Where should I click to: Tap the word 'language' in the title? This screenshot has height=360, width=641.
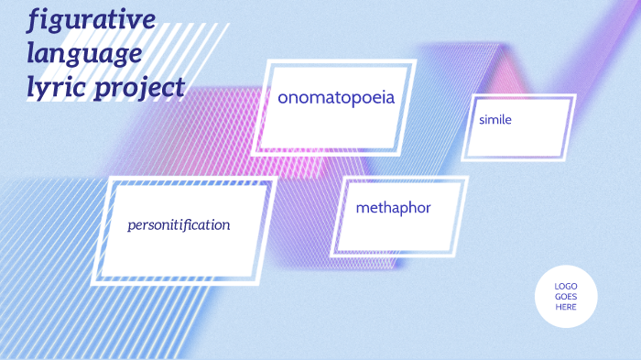pyautogui.click(x=84, y=53)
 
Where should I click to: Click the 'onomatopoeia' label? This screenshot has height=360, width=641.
pyautogui.click(x=336, y=98)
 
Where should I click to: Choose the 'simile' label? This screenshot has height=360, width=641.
pyautogui.click(x=494, y=120)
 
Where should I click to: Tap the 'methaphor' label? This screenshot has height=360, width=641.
pyautogui.click(x=393, y=208)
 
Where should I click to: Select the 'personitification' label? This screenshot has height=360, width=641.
pyautogui.click(x=179, y=224)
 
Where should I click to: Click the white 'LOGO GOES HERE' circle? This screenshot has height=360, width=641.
pyautogui.click(x=566, y=296)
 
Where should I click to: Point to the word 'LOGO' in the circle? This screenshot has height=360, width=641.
pyautogui.click(x=566, y=287)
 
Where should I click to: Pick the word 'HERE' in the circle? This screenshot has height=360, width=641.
pyautogui.click(x=566, y=307)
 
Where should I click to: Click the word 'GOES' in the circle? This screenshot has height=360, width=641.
pyautogui.click(x=566, y=297)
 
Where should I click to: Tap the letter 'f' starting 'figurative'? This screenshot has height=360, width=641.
pyautogui.click(x=34, y=19)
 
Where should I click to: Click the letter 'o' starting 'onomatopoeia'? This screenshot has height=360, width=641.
pyautogui.click(x=284, y=98)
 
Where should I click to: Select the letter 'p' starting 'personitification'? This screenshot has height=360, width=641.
pyautogui.click(x=132, y=226)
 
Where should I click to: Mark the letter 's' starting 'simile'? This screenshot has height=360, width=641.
pyautogui.click(x=481, y=120)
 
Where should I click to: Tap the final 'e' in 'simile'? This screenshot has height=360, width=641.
pyautogui.click(x=508, y=120)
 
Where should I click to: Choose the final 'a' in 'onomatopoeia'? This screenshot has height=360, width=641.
pyautogui.click(x=390, y=98)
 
